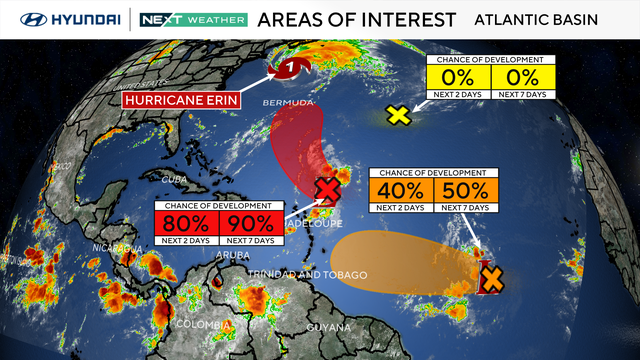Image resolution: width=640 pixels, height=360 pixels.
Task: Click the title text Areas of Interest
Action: pyautogui.click(x=357, y=19)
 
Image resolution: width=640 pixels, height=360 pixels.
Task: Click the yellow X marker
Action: pyautogui.click(x=399, y=115)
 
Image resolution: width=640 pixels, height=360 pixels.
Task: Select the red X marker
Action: pyautogui.click(x=326, y=189)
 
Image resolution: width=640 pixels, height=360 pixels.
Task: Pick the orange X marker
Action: pyautogui.click(x=491, y=278)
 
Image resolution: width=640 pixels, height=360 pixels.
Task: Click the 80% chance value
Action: pyautogui.click(x=187, y=223)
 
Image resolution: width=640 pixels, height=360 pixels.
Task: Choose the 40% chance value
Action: pyautogui.click(x=403, y=190)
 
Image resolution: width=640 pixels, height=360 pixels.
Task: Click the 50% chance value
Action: pyautogui.click(x=465, y=190)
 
